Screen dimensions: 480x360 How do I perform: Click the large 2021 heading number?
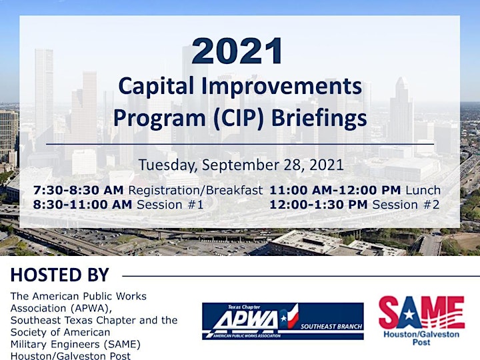(x=237, y=51)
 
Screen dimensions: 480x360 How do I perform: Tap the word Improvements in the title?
(x=281, y=86)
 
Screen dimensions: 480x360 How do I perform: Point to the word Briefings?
(x=319, y=119)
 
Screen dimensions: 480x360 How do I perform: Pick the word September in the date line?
(x=240, y=165)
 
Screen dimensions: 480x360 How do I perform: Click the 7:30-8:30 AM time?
(x=79, y=190)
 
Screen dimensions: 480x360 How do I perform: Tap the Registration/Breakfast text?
(x=195, y=190)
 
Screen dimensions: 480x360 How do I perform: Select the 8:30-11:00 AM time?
(x=83, y=205)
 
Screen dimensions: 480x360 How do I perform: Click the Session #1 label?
(x=170, y=205)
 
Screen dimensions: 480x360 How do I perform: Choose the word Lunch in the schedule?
(x=423, y=190)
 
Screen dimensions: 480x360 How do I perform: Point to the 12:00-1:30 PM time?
(x=319, y=205)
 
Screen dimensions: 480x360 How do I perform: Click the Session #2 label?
(x=406, y=205)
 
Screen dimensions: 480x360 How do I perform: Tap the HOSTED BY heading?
(x=60, y=275)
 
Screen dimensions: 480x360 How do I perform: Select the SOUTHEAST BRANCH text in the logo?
(x=331, y=327)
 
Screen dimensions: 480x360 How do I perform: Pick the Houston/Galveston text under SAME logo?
(x=421, y=334)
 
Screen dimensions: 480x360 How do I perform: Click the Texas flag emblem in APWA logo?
(x=289, y=316)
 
